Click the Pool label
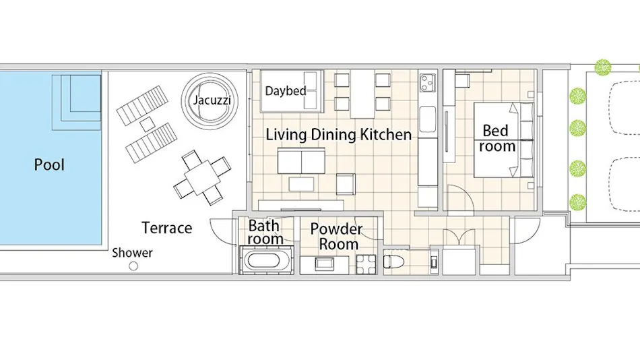49,164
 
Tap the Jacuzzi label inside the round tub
212,100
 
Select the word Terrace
166,228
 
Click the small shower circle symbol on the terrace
133,266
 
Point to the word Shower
132,253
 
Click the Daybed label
286,91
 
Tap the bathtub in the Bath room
267,260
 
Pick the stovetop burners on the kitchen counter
427,82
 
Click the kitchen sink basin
427,119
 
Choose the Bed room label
497,138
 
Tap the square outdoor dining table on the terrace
202,178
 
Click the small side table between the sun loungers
147,124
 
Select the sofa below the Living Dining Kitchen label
301,161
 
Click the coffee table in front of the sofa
301,184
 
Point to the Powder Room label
336,236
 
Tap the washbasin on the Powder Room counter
325,264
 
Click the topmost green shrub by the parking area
603,67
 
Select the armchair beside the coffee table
346,184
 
